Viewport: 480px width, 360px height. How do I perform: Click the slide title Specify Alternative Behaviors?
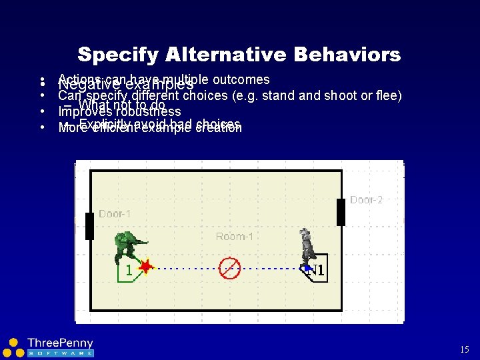[x=239, y=54]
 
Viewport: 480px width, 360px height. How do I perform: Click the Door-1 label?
[x=115, y=213]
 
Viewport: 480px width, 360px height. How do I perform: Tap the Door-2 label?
[x=366, y=200]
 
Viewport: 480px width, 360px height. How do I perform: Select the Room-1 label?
[x=235, y=237]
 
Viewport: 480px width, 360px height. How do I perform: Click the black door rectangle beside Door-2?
[x=341, y=212]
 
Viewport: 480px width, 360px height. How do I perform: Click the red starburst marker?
[x=145, y=267]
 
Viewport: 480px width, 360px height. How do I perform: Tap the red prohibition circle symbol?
[x=229, y=268]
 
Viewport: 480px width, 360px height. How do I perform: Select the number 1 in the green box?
[x=129, y=271]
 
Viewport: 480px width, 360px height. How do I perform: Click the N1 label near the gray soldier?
[x=317, y=271]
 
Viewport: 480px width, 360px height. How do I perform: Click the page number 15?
[x=465, y=349]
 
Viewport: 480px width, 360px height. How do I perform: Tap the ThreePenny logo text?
[x=60, y=343]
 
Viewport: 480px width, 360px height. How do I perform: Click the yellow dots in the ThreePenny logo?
[x=11, y=347]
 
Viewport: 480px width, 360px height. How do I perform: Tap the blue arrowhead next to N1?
[x=307, y=268]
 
